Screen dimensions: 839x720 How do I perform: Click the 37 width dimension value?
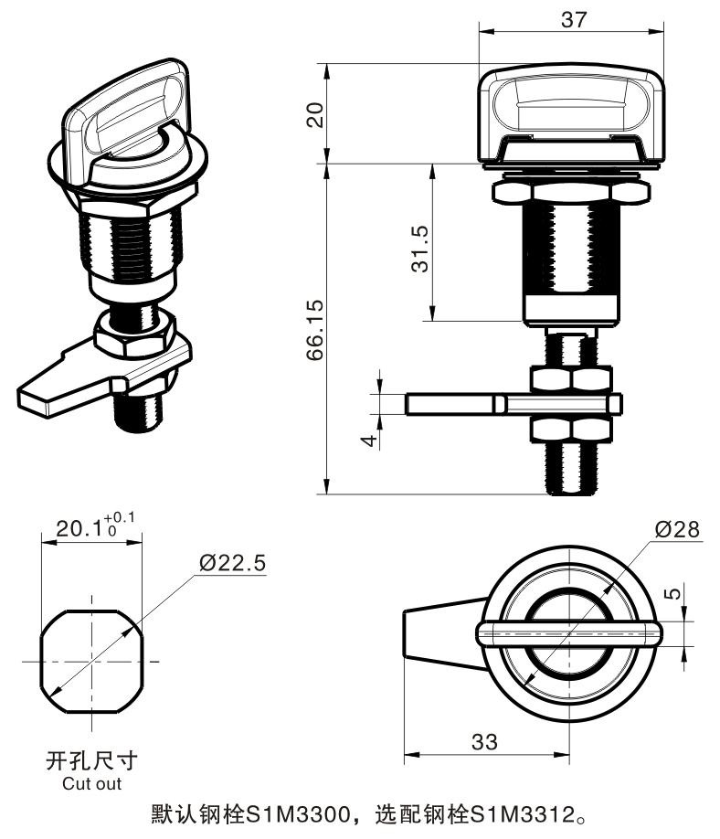click(574, 19)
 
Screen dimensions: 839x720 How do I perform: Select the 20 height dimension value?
click(314, 114)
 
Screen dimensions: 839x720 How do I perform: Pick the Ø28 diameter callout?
click(678, 529)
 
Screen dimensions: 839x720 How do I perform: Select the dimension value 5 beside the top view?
click(672, 593)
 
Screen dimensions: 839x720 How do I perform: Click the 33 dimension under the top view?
click(485, 741)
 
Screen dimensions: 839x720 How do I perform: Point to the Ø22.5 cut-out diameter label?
click(232, 563)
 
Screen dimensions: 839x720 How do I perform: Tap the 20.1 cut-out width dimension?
click(80, 529)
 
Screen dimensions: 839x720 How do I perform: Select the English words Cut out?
click(91, 783)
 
